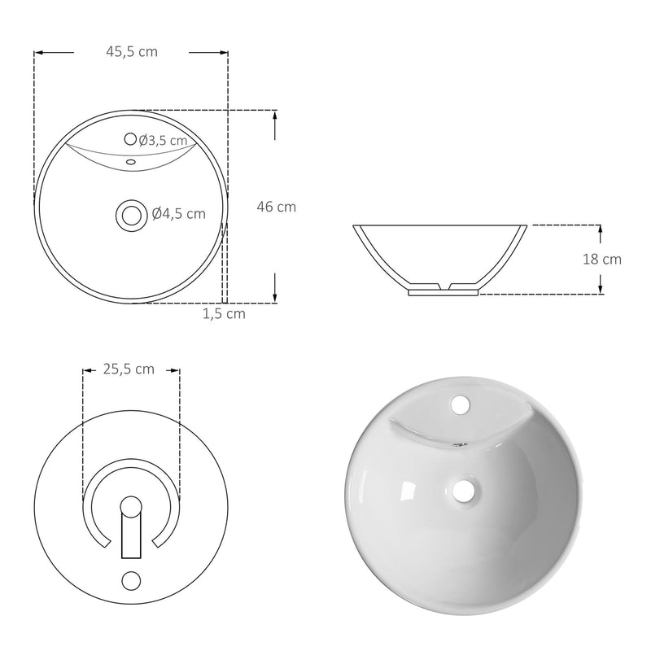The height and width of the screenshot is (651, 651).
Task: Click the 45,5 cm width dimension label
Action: pos(131,51)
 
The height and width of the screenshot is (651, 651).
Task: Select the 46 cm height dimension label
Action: pos(276,207)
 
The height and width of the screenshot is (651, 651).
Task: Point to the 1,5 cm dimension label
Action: pos(224,312)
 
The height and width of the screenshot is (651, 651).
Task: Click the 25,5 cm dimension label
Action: pos(129,369)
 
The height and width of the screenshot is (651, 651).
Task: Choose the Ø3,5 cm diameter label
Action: pos(168,141)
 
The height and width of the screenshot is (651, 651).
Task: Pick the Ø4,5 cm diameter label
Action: pos(178,214)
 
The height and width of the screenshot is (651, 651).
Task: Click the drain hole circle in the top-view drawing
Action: pos(129,214)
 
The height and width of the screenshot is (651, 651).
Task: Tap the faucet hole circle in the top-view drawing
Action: pos(131,139)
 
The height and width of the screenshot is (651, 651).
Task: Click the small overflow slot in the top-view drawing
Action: pos(130,161)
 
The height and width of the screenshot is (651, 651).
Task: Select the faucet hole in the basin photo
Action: pos(460,403)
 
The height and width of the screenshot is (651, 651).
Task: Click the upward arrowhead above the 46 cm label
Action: pos(276,115)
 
